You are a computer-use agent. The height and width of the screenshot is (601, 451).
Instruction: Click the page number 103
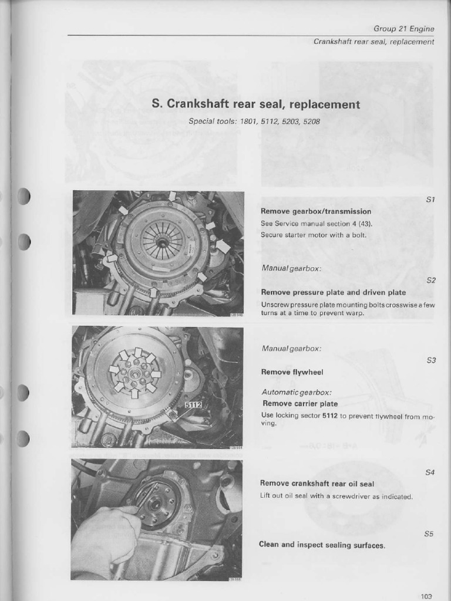click(x=426, y=596)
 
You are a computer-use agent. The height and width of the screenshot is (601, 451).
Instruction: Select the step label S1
click(x=430, y=200)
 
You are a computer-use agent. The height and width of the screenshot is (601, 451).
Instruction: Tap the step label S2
click(x=431, y=280)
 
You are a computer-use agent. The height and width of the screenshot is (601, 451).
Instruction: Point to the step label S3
click(x=431, y=360)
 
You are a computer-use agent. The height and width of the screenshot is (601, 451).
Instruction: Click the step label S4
click(x=429, y=472)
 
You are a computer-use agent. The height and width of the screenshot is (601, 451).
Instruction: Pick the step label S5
click(x=429, y=534)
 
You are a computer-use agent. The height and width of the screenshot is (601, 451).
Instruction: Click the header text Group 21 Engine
click(x=403, y=28)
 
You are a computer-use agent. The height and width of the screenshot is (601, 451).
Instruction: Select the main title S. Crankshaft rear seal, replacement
click(x=255, y=104)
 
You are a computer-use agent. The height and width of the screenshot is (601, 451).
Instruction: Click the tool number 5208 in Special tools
click(x=311, y=121)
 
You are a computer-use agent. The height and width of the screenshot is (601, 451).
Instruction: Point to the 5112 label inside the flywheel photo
click(x=193, y=405)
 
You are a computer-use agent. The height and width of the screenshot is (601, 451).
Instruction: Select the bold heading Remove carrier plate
click(x=299, y=403)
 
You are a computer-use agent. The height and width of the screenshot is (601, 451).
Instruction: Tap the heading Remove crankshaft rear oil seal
click(x=317, y=484)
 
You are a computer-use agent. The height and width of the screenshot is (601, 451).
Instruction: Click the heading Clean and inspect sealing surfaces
click(x=322, y=545)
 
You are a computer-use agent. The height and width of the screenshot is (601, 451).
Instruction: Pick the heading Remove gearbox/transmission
click(x=316, y=211)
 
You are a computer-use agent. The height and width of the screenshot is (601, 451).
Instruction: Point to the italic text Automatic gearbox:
click(x=297, y=392)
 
